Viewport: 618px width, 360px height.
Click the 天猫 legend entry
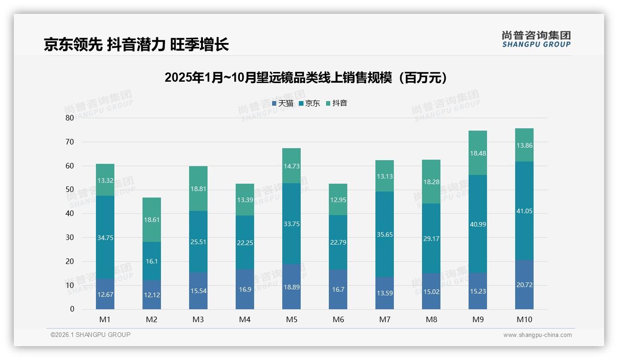pyautogui.click(x=282, y=103)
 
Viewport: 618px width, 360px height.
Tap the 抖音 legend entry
pyautogui.click(x=336, y=103)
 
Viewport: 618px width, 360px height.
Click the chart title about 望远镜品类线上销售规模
pyautogui.click(x=306, y=78)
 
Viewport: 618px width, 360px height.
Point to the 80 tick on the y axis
pyautogui.click(x=69, y=118)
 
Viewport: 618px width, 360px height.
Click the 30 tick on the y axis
pyautogui.click(x=69, y=237)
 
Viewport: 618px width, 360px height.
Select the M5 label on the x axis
pyautogui.click(x=291, y=319)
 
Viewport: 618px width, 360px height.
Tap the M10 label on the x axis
pyautogui.click(x=524, y=319)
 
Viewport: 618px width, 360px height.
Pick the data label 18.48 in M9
pyautogui.click(x=477, y=153)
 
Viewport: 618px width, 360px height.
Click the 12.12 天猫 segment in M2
pyautogui.click(x=152, y=295)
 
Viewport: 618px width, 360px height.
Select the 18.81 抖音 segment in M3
pyautogui.click(x=198, y=189)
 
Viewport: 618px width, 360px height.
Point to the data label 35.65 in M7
pyautogui.click(x=385, y=234)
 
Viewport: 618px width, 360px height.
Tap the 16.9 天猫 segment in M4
pyautogui.click(x=245, y=289)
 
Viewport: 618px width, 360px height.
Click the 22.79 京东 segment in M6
pyautogui.click(x=338, y=243)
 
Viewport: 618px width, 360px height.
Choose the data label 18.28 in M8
pyautogui.click(x=431, y=182)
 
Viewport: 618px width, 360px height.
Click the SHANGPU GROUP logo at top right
pyautogui.click(x=536, y=39)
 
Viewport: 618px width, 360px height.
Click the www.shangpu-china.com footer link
pyautogui.click(x=537, y=335)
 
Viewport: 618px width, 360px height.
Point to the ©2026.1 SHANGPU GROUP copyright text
pyautogui.click(x=90, y=335)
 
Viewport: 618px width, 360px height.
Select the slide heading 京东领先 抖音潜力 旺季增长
pyautogui.click(x=137, y=44)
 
